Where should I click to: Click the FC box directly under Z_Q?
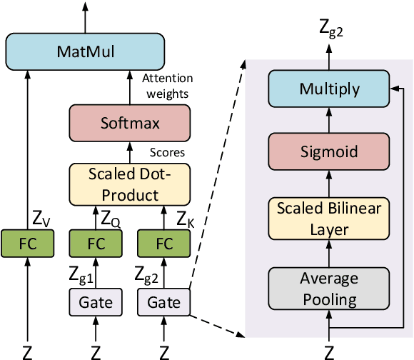click(95, 243)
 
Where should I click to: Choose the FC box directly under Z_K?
click(165, 243)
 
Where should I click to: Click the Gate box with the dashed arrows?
click(165, 302)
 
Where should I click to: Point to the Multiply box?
click(329, 90)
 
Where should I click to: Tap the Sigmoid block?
click(329, 151)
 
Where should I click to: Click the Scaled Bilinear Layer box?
click(329, 218)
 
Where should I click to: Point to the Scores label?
click(168, 152)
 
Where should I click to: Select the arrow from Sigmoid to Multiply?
click(329, 120)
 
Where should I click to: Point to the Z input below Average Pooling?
click(329, 351)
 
